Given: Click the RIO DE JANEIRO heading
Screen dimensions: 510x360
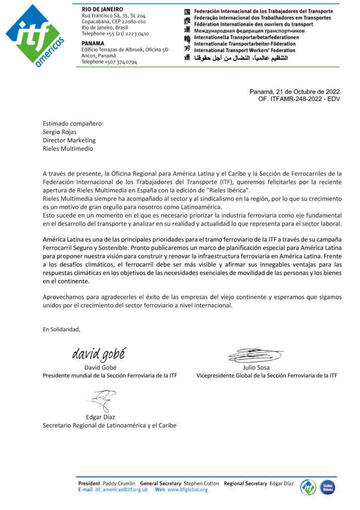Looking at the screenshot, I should (x=102, y=9).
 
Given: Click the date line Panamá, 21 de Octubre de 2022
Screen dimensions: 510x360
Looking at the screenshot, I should (x=294, y=92).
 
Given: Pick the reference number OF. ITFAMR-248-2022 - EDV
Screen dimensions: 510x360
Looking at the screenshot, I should (x=299, y=99).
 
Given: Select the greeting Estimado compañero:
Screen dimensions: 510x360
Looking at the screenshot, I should (x=73, y=125).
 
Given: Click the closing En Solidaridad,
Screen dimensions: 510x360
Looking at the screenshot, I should (x=61, y=329).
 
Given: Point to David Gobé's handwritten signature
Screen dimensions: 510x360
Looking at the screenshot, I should (x=99, y=354).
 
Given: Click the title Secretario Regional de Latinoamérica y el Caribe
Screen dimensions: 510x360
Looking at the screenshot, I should (x=110, y=425).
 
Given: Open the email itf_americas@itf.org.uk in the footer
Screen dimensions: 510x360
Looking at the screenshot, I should (x=121, y=490).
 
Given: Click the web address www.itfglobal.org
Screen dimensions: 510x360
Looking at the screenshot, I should (x=187, y=490).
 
